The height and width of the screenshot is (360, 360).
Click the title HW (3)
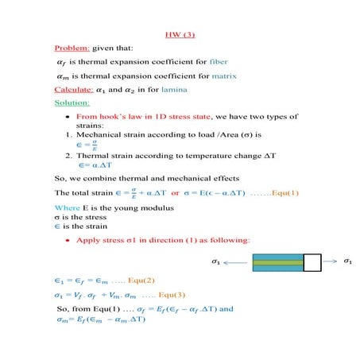point(180,35)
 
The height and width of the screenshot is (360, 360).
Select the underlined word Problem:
point(71,48)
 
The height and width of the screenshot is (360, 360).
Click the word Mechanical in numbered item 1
point(98,135)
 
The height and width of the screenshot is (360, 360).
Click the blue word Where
point(65,207)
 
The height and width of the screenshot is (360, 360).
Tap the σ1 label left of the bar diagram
point(216,261)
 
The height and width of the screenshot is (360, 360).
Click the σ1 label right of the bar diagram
point(346,261)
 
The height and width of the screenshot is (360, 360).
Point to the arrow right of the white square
point(329,261)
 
